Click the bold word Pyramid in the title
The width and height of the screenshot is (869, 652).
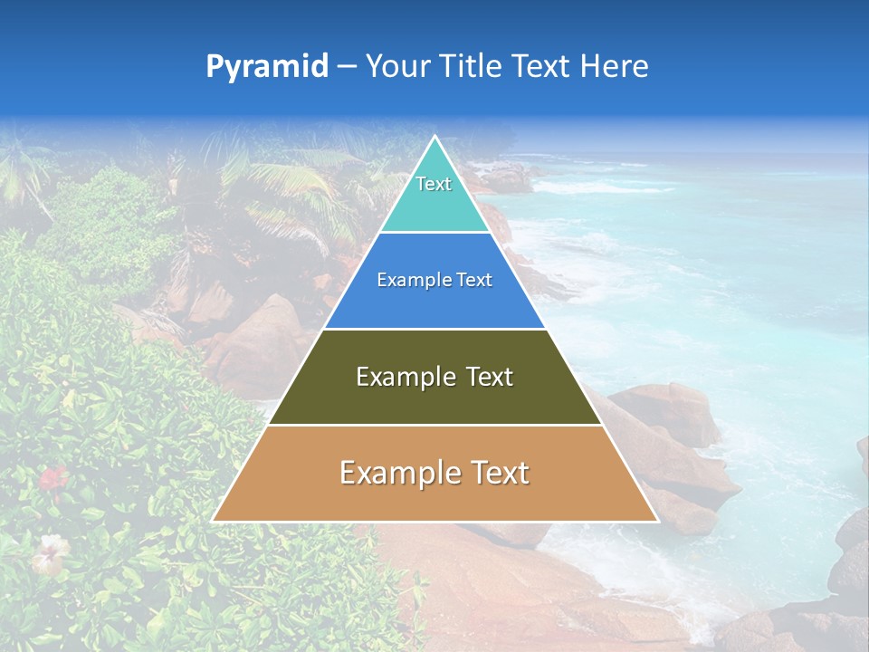tap(266, 67)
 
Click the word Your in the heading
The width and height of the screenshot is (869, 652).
tap(397, 67)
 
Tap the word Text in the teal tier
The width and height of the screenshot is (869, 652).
tap(434, 184)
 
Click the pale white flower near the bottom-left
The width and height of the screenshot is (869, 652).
tap(50, 549)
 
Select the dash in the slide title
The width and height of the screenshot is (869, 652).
tap(347, 67)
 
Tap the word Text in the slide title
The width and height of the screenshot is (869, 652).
tap(540, 67)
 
